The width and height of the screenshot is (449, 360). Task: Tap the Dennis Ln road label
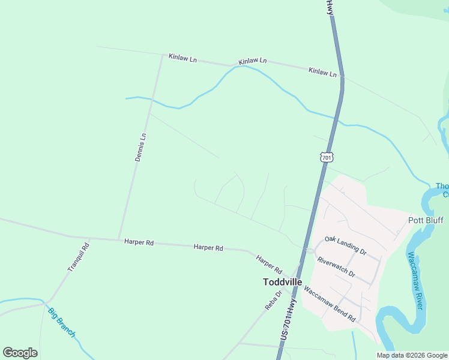[x=140, y=148]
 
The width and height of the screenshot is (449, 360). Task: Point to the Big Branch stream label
[x=61, y=322]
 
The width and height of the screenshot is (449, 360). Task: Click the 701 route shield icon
[x=326, y=157]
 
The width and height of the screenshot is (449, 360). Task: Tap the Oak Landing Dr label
[x=345, y=245]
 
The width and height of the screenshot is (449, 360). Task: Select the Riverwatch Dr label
[x=336, y=266]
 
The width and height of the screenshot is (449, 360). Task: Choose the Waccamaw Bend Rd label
[x=330, y=302]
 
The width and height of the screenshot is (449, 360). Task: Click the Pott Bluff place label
[x=426, y=220]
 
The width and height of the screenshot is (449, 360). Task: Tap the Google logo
[x=20, y=353]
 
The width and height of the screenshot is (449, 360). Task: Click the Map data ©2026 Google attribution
[x=412, y=355]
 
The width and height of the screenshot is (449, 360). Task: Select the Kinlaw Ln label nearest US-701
[x=322, y=71]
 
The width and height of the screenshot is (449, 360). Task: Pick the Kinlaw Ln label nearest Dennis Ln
[x=182, y=58]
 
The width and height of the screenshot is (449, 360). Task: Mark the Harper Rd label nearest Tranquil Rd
[x=139, y=242]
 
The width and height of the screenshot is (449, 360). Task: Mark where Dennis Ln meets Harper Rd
[x=119, y=239]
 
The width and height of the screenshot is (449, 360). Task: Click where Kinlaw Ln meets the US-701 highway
[x=342, y=77]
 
